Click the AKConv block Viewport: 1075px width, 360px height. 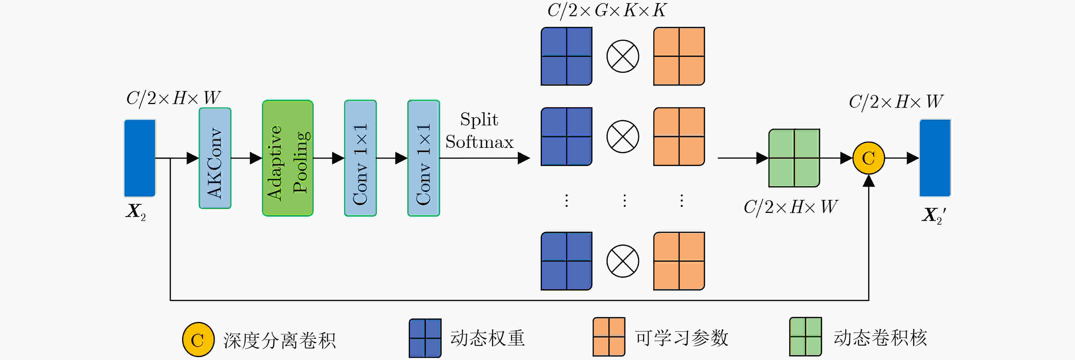coord(215,158)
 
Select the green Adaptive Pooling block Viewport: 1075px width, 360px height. coord(288,158)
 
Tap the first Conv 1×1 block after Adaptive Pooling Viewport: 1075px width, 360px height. coord(360,158)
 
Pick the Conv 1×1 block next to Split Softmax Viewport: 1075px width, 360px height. coord(423,158)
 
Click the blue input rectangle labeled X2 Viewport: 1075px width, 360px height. coord(140,158)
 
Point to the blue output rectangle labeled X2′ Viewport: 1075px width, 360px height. coord(935,158)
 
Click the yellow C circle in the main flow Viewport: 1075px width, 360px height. coord(869,158)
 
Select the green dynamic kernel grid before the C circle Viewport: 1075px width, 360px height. coord(794,158)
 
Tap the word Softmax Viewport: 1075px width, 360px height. coord(479,142)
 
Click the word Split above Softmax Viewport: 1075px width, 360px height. coord(479,119)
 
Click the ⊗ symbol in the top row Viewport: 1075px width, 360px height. coord(623,56)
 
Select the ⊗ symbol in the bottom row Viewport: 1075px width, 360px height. coord(623,261)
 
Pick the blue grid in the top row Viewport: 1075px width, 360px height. coord(566,56)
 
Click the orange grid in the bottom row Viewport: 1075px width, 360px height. coord(679,261)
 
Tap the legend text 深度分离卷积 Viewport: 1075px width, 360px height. coord(279,340)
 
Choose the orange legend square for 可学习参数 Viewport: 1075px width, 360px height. coord(609,337)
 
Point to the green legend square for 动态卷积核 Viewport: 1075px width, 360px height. coord(805,337)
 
